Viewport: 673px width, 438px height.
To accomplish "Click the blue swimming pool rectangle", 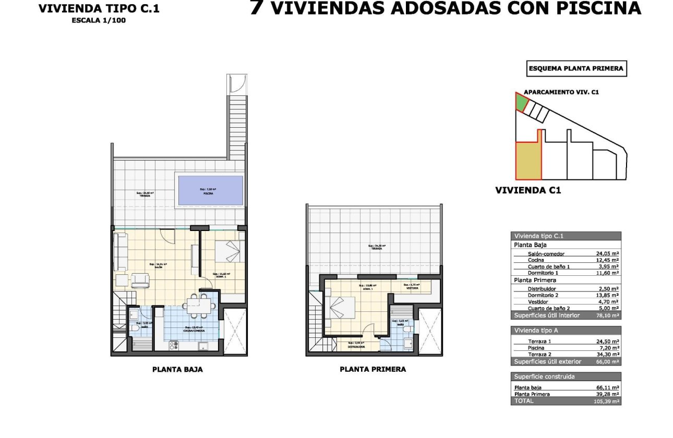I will (210, 190).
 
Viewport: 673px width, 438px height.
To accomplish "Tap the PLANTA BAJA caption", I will (177, 369).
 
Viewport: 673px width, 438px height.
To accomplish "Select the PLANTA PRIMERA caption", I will (372, 369).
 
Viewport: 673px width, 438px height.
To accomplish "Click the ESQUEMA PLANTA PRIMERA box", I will (576, 68).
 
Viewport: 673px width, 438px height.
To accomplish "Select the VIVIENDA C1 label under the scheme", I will (527, 191).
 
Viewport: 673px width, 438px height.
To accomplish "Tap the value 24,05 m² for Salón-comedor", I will (607, 254).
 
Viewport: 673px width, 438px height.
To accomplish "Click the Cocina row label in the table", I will (521, 260).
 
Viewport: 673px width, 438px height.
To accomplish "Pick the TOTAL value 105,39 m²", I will (607, 401).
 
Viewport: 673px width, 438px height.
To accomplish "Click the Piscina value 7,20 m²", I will (608, 348).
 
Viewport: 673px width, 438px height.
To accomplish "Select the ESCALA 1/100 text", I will (99, 20).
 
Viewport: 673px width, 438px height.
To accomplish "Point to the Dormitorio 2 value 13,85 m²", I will (607, 295).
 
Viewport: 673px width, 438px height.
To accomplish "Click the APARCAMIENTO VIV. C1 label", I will (561, 92).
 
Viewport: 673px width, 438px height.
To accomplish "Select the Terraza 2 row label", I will (525, 354).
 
